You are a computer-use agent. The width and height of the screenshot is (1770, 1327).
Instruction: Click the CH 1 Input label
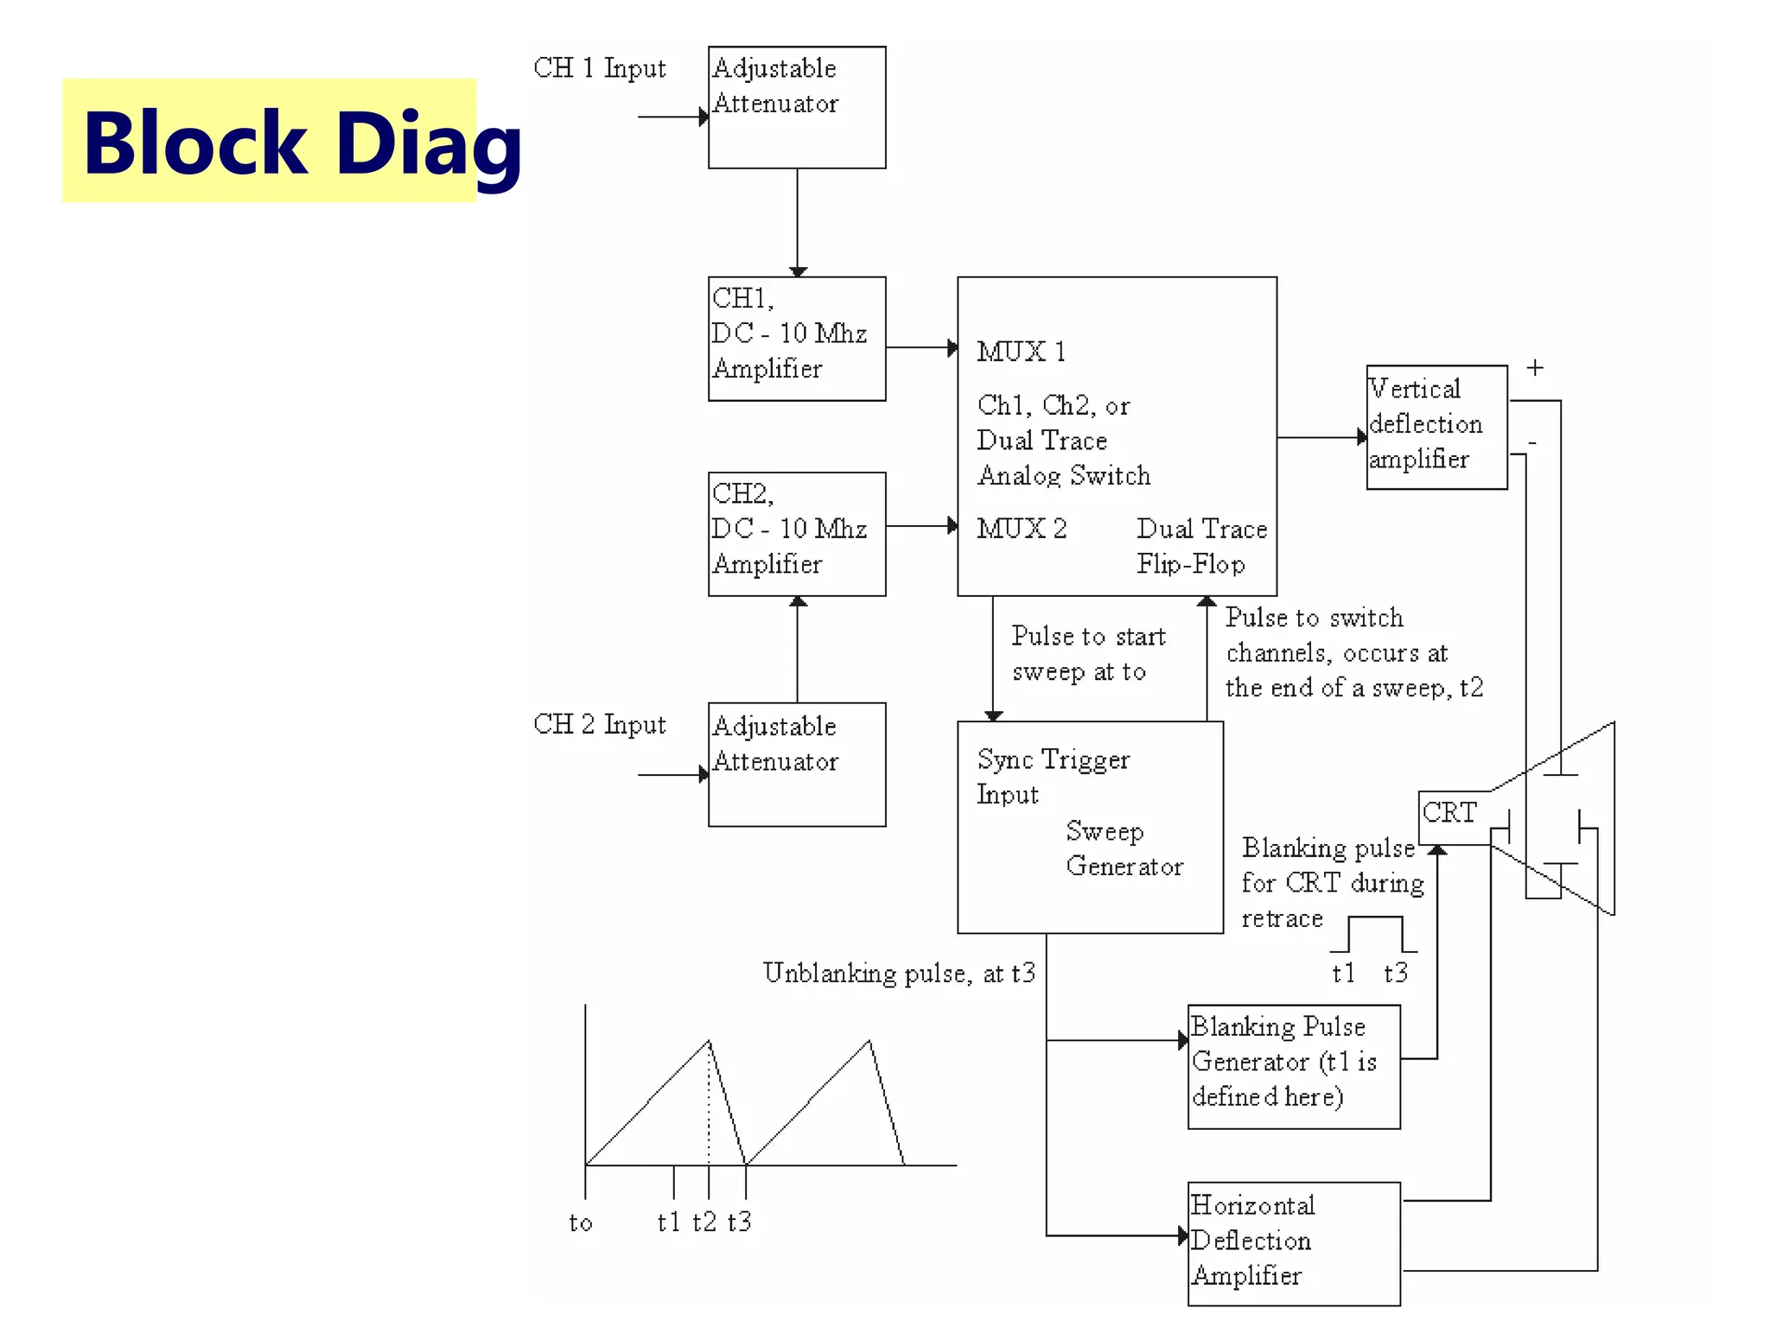[x=599, y=68]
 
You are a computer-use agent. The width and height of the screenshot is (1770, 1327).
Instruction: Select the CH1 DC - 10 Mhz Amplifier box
[x=796, y=339]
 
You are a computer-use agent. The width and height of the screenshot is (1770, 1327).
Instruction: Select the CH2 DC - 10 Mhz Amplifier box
[x=796, y=534]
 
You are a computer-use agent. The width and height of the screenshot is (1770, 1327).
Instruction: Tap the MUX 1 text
[x=1021, y=352]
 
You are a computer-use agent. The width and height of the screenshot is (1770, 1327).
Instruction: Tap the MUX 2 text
[x=1021, y=528]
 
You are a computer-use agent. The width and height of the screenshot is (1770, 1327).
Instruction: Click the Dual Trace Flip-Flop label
[x=1200, y=546]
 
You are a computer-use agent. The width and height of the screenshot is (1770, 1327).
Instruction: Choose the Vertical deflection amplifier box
[x=1436, y=427]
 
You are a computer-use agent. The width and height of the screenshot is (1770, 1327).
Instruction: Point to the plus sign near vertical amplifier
[x=1534, y=368]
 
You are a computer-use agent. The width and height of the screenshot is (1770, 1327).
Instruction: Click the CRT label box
[x=1450, y=813]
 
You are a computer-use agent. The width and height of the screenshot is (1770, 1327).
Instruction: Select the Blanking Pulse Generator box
[x=1293, y=1066]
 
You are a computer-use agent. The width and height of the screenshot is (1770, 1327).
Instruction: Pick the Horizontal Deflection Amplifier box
[x=1293, y=1242]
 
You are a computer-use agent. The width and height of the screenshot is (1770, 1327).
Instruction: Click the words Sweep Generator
[x=1123, y=848]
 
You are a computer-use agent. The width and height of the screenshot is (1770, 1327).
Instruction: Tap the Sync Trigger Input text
[x=1052, y=777]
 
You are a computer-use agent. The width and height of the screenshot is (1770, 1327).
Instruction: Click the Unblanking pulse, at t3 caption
[x=898, y=973]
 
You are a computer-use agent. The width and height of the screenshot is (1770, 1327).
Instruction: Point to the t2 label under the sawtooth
[x=704, y=1222]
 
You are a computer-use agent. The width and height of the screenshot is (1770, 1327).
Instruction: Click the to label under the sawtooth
[x=581, y=1222]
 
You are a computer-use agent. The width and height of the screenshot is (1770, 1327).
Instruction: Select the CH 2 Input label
[x=599, y=724]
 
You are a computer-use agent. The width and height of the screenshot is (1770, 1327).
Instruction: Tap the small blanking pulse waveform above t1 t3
[x=1374, y=934]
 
